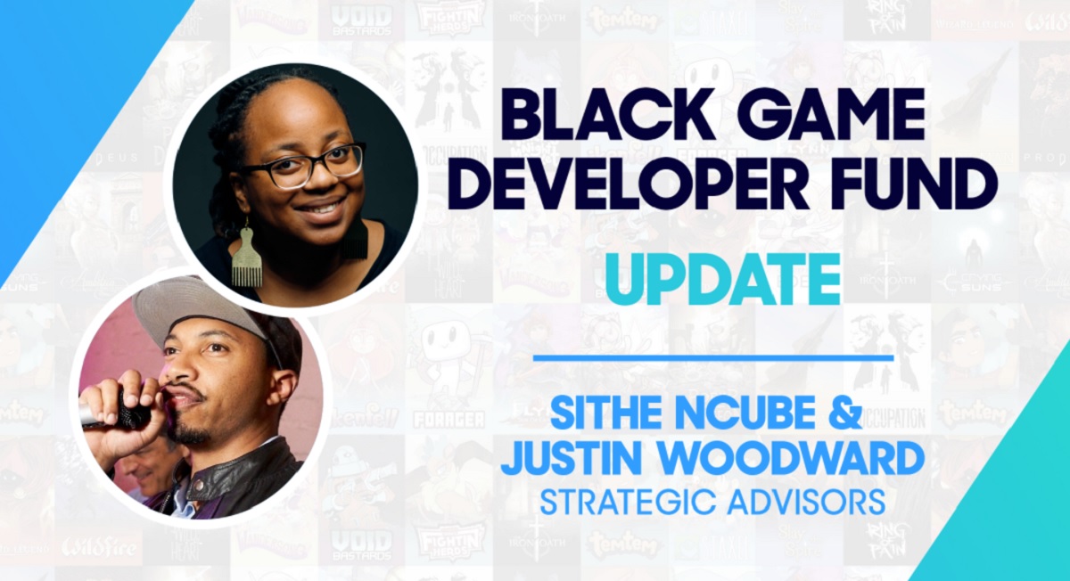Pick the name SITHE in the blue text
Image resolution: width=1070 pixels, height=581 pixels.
[606, 414]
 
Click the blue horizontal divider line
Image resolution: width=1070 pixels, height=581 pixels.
[712, 357]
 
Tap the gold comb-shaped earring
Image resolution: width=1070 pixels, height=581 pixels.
[248, 257]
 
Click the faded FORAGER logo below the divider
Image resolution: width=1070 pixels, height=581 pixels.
[449, 420]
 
